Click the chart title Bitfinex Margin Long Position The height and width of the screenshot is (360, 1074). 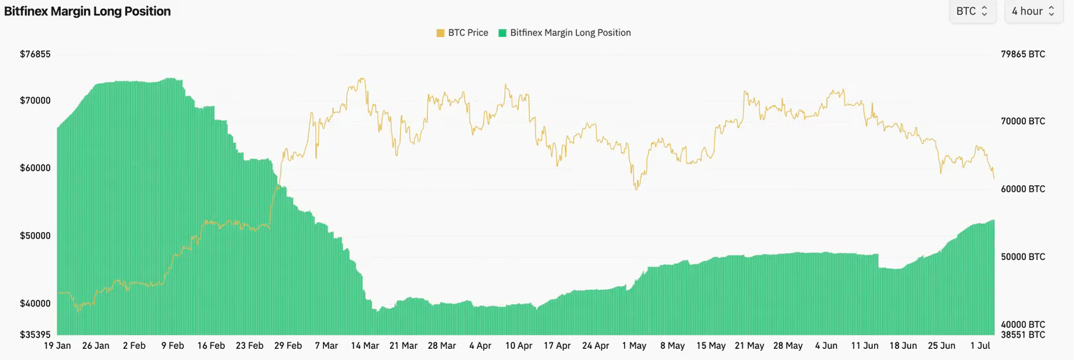(87, 11)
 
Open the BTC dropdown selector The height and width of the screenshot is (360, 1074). (972, 11)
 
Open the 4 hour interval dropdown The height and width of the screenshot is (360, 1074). (1033, 11)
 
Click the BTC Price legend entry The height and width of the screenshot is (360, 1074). (462, 33)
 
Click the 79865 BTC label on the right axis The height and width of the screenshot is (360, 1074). (1022, 55)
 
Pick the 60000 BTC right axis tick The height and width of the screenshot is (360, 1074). (1022, 189)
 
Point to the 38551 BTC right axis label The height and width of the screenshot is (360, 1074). (1022, 335)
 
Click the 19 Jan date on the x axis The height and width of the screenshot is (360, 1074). (57, 346)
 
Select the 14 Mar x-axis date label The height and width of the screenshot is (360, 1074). (365, 346)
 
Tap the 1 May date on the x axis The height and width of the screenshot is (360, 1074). (633, 346)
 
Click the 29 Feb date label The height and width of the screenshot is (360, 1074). (288, 346)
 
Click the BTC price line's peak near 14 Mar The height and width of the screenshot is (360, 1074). (361, 78)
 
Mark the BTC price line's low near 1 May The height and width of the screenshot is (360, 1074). (636, 189)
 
